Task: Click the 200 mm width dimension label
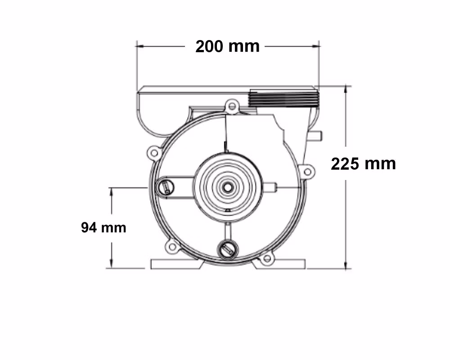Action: coord(228,46)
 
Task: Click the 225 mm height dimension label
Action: coord(363,164)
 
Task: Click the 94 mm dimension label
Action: coord(103,227)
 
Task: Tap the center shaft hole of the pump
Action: coord(228,188)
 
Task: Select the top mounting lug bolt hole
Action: coord(232,107)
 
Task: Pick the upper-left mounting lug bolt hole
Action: coord(154,153)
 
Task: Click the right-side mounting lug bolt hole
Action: coord(307,172)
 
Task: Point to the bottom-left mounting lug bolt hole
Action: coord(172,246)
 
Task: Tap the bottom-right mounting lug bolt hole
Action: coord(267,258)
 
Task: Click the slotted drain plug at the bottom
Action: coord(228,249)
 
